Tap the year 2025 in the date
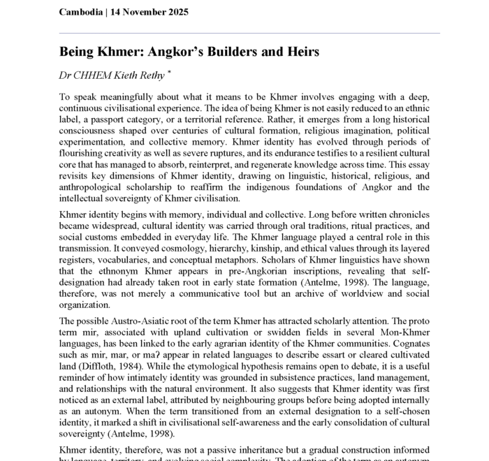(x=175, y=12)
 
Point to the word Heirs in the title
(x=300, y=52)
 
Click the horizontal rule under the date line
(x=249, y=33)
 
